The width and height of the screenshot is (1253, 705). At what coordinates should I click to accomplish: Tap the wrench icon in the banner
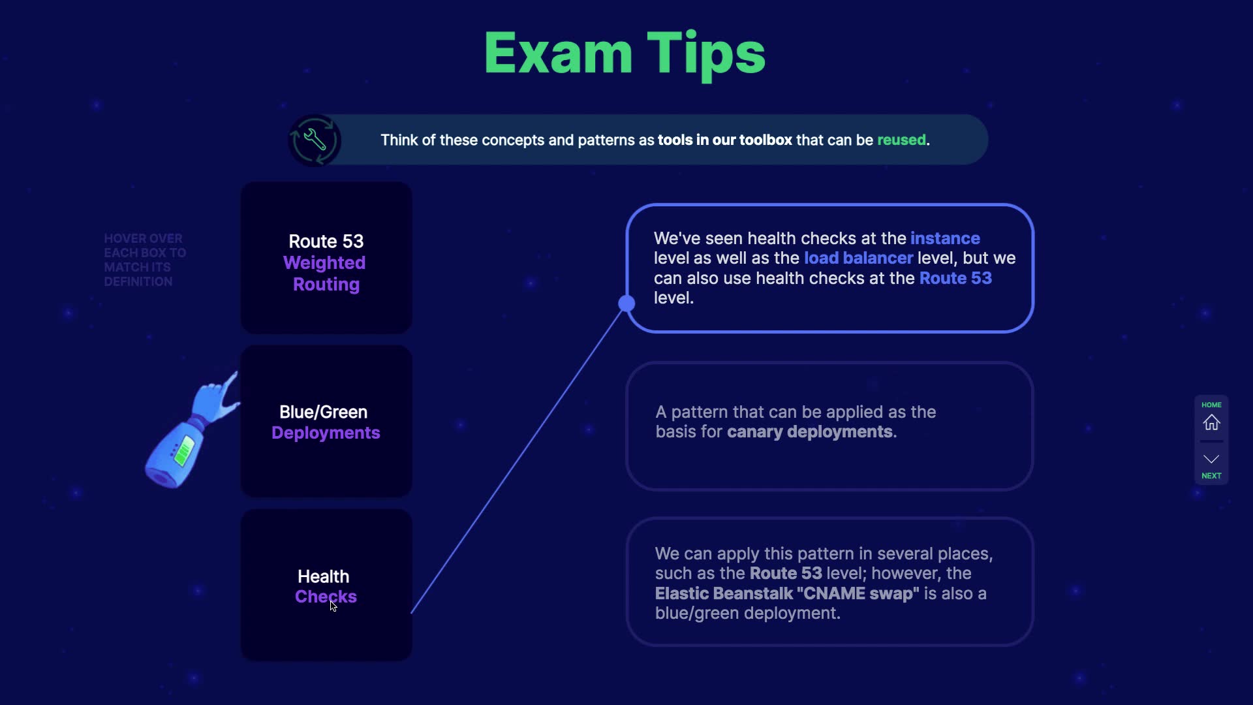point(315,140)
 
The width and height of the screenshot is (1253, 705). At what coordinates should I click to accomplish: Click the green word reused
point(901,140)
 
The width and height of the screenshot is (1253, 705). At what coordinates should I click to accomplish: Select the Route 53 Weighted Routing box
point(326,258)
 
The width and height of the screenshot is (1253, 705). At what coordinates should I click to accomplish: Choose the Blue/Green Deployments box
point(326,422)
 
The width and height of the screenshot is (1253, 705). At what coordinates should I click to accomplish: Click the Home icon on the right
point(1211,422)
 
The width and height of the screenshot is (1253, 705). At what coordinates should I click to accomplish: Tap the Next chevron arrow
point(1211,459)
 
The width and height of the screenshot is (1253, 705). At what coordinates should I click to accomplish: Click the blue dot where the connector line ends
point(626,303)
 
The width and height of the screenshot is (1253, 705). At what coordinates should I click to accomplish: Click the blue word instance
point(945,238)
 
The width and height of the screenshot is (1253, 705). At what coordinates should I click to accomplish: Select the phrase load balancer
point(858,258)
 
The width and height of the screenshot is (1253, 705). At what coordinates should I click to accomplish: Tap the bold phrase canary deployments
point(810,432)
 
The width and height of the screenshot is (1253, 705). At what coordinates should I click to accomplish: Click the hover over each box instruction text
point(144,260)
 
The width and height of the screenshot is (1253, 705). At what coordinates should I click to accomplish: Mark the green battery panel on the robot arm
point(183,450)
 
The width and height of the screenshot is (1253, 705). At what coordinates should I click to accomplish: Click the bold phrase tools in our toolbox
point(724,140)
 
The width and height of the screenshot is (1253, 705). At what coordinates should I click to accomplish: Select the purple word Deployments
point(326,433)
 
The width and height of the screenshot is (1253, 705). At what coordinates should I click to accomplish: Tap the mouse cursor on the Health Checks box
point(333,606)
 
